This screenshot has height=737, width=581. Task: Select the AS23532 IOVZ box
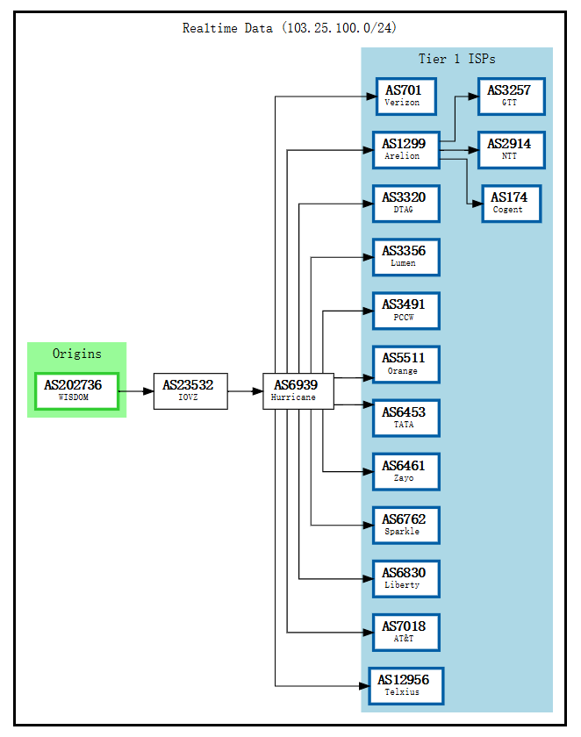coord(190,390)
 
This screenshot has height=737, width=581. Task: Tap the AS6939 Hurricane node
coord(298,390)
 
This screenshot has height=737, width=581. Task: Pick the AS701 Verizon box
coord(405,96)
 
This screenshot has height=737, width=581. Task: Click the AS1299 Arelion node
coord(405,149)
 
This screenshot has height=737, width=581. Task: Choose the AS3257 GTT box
coord(511,96)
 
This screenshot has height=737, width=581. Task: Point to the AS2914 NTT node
coord(511,149)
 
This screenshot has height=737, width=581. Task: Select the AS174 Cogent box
coord(511,203)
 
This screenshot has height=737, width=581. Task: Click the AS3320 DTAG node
coord(405,203)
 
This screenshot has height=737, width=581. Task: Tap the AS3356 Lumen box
coord(405,256)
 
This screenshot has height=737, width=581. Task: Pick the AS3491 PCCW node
coord(405,310)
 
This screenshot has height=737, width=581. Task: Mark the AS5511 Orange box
coord(405,363)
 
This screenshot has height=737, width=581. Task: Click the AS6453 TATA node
coord(405,417)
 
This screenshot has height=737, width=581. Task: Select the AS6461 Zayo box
coord(405,471)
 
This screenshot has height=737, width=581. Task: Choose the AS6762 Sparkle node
coord(405,525)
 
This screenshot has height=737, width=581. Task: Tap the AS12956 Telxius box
coord(405,685)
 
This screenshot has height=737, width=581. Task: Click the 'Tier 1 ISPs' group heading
coord(456,59)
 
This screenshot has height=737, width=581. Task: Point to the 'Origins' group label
coord(76,354)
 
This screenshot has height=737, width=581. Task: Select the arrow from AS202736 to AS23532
coord(135,390)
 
